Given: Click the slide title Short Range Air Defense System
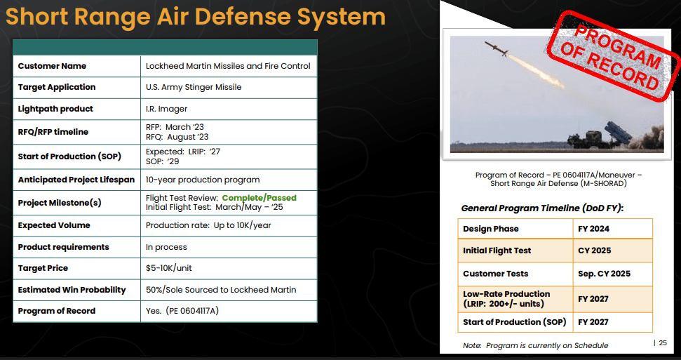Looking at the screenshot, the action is click(196, 17).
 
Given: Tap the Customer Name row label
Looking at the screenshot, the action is click(52, 66).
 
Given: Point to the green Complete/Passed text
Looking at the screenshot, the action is click(259, 198).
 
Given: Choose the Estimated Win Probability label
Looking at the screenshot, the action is click(72, 290).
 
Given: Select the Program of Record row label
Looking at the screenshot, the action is click(57, 311).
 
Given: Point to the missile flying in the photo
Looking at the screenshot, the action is click(496, 48).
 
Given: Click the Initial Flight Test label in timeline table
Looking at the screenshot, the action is click(497, 251).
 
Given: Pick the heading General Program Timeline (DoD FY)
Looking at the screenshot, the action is click(542, 208).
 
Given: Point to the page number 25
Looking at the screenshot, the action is click(662, 343).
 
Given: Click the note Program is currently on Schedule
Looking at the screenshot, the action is click(536, 346).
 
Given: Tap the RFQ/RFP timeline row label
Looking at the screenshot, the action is click(53, 132).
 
